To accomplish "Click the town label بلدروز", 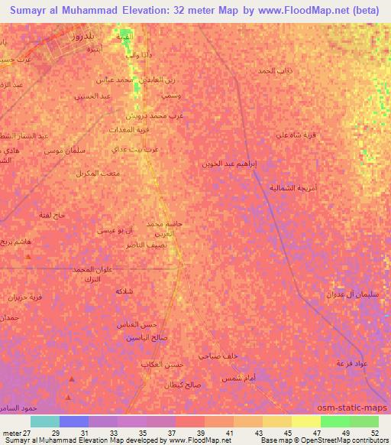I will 78,36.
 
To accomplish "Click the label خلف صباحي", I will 219,356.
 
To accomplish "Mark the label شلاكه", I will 124,292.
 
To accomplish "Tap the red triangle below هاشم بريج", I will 28,258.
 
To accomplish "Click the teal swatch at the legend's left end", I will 44,421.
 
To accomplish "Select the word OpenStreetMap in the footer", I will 332,440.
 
